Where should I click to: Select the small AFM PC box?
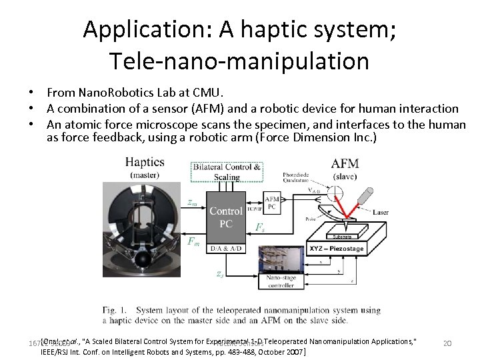pos(273,203)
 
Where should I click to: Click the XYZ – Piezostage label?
pos(336,249)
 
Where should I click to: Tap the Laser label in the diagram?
pos(381,213)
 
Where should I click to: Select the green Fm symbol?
pos(193,242)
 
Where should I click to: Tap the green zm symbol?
pos(193,201)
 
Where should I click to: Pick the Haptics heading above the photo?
pos(145,163)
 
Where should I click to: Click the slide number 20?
pos(447,343)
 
